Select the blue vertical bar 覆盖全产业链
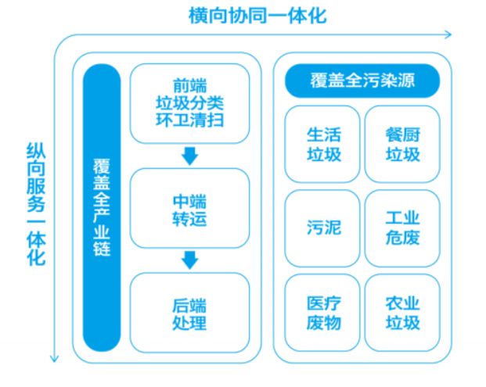point(102,206)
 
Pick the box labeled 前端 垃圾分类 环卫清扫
point(189,103)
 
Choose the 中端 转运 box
point(189,208)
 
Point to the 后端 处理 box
point(189,312)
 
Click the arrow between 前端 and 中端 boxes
point(189,156)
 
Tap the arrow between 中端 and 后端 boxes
point(189,260)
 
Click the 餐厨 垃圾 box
point(402,144)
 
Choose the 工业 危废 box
point(402,228)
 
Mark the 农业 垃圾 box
point(402,312)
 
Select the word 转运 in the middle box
point(189,219)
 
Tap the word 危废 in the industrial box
point(402,238)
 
